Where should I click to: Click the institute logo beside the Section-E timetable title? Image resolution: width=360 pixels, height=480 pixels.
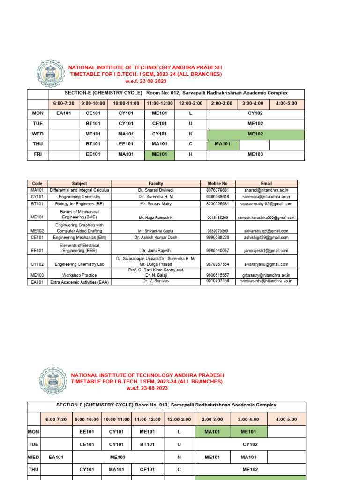51,74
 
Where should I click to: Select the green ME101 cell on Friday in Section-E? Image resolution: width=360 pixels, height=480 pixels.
160,155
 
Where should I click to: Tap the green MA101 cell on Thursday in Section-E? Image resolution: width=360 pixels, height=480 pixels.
223,144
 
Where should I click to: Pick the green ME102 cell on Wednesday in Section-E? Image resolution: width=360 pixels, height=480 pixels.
255,134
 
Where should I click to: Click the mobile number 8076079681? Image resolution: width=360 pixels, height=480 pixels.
217,190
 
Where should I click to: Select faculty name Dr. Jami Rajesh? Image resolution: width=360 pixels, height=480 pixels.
156,251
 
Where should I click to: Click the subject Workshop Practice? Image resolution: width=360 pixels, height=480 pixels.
79,275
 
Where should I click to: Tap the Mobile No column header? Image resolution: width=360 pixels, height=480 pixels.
217,183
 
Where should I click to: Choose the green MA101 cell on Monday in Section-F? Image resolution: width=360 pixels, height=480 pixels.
213,432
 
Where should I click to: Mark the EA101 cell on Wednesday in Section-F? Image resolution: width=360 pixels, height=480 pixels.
57,457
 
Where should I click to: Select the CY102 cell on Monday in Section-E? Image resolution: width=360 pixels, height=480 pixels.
255,113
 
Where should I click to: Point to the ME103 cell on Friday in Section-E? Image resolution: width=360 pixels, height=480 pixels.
255,155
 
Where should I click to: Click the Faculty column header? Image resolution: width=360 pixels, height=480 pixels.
156,183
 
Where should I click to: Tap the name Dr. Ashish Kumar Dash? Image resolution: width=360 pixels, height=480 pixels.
156,238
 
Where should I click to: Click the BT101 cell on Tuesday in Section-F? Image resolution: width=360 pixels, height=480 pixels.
147,444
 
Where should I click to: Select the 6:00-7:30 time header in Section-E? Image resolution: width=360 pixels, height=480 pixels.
63,103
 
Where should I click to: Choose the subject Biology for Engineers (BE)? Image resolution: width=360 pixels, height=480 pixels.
79,204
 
